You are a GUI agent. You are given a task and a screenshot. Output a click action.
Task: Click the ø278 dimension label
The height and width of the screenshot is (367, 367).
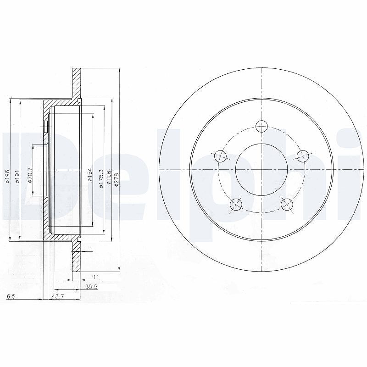[117, 180]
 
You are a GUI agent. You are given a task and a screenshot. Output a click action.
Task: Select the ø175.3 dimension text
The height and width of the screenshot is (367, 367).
[101, 178]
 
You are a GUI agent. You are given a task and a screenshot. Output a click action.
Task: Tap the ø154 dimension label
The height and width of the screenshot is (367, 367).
[89, 175]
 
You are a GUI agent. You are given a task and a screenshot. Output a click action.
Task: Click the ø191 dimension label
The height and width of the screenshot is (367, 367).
[17, 176]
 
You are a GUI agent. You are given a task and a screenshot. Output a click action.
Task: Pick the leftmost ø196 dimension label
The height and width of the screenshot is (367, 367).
[7, 176]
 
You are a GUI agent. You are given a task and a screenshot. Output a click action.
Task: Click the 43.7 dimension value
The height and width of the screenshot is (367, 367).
[58, 296]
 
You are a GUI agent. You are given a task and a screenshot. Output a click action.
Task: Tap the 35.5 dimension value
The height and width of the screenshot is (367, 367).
[91, 286]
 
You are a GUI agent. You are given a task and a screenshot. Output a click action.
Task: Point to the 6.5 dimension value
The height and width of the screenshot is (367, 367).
[11, 296]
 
